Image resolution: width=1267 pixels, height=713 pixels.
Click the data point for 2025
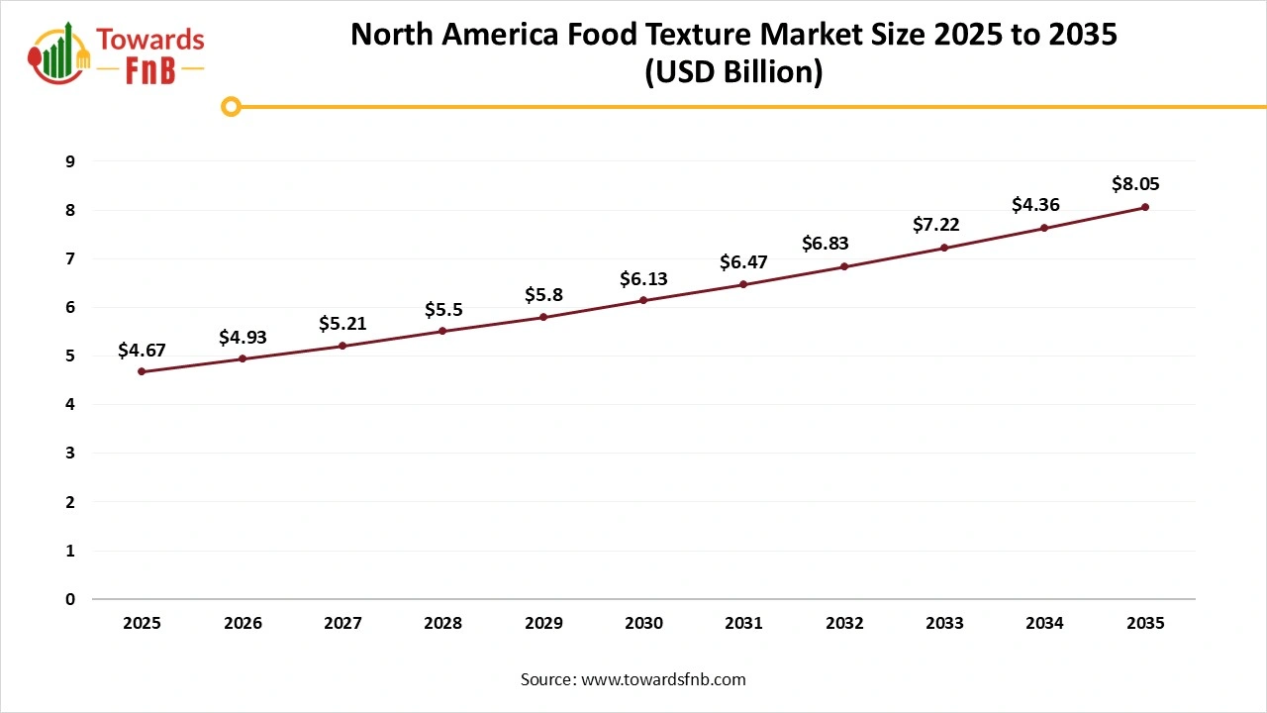pos(142,371)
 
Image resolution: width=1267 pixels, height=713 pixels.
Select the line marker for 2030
pos(643,300)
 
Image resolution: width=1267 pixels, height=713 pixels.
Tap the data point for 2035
pos(1145,207)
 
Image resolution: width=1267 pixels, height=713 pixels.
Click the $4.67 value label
pos(142,350)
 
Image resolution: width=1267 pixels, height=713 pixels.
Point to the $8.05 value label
pos(1135,183)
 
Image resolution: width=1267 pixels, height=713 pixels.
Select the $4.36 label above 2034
pos(1035,205)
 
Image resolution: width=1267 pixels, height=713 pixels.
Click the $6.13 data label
pos(643,279)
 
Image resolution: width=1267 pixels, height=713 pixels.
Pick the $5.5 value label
pos(443,309)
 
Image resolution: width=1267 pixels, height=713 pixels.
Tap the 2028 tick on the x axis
pos(443,623)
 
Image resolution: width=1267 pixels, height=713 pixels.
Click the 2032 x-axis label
pos(844,623)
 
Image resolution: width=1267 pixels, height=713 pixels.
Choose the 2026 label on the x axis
pos(243,623)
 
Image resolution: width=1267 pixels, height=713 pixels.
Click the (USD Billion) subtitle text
pos(733,73)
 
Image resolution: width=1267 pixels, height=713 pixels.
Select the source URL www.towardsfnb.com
pos(663,679)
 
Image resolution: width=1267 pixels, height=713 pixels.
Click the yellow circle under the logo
pos(231,106)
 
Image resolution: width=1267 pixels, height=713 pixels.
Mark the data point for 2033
pos(944,248)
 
